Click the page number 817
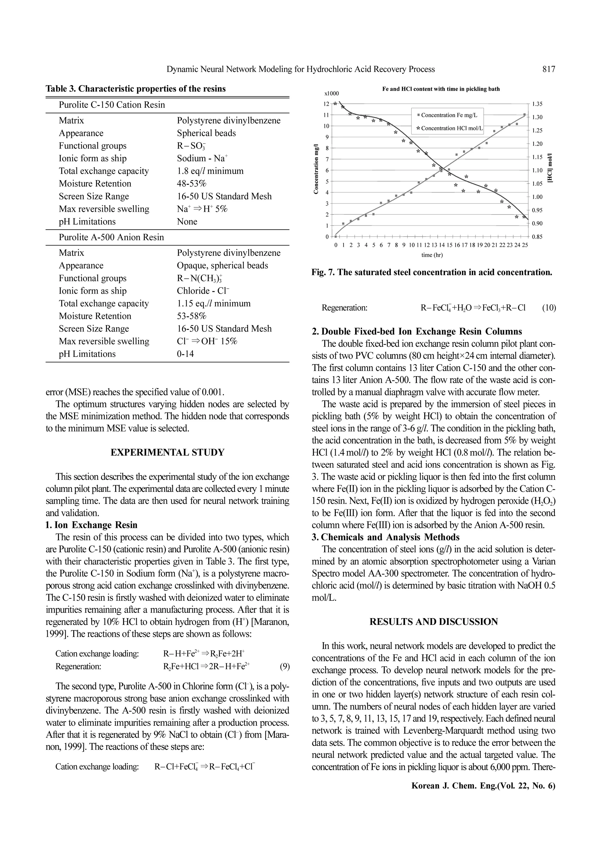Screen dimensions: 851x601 [x=548, y=69]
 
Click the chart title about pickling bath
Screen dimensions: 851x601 [x=441, y=89]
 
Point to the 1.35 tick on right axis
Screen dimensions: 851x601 [x=537, y=104]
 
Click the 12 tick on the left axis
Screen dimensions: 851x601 [x=326, y=104]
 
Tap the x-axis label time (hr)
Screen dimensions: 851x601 [x=432, y=255]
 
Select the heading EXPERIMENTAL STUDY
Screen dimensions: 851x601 [x=167, y=453]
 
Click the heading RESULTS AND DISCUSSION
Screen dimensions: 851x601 [x=434, y=622]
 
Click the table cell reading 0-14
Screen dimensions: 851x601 [x=185, y=354]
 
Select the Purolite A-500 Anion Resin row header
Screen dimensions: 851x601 [x=111, y=237]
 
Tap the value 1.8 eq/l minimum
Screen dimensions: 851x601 [x=210, y=171]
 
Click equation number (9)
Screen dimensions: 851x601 [x=284, y=667]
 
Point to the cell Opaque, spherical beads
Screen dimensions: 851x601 [x=222, y=266]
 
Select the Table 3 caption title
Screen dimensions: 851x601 [x=136, y=89]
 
